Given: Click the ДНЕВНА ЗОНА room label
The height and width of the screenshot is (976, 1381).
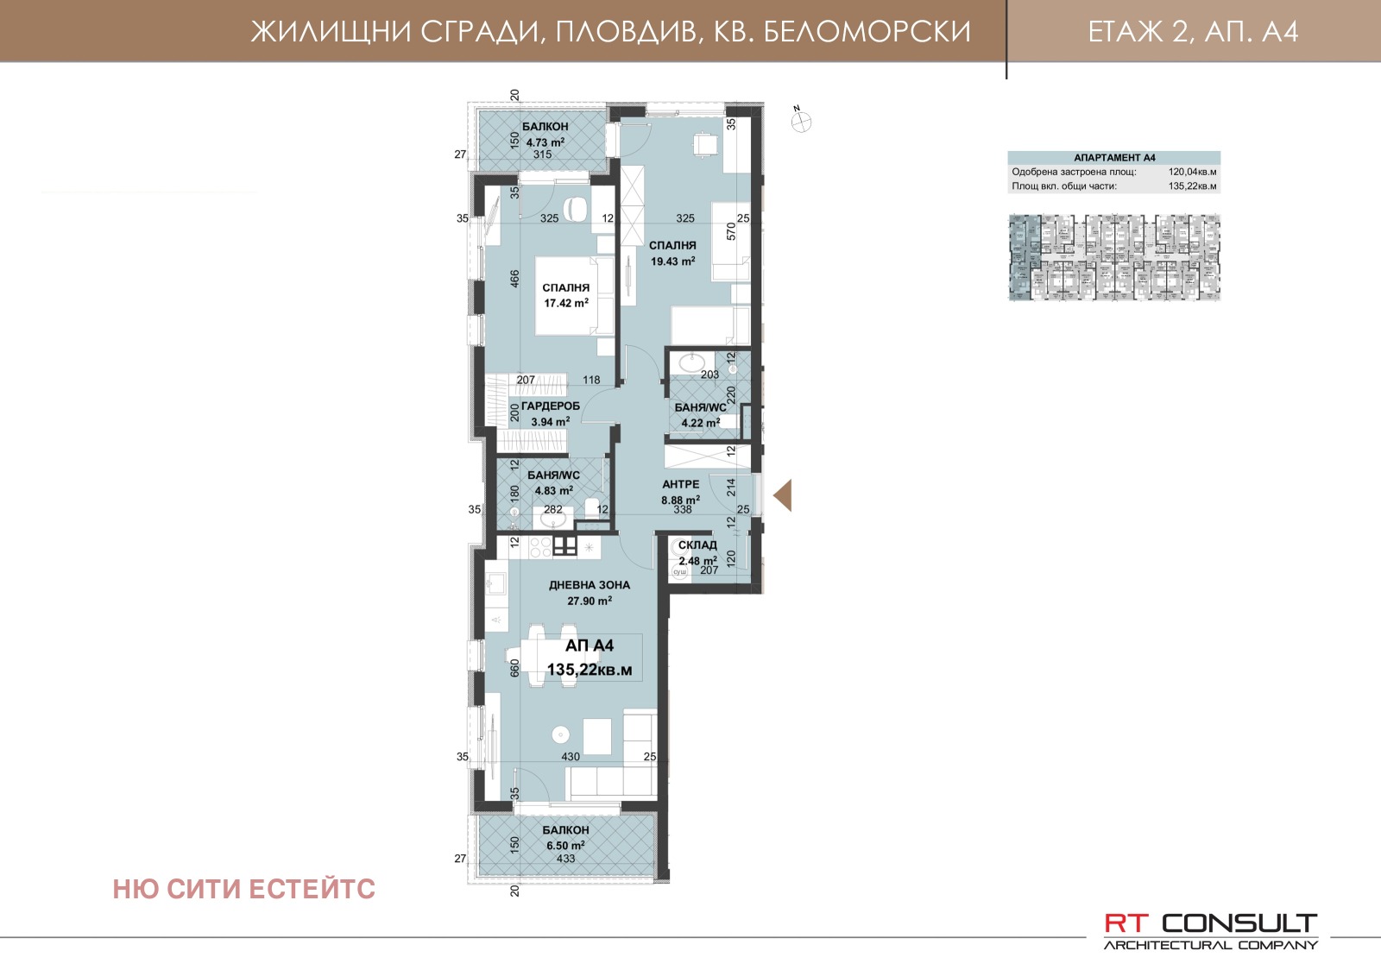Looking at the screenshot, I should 590,585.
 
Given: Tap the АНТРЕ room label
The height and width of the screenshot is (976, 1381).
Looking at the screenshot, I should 680,485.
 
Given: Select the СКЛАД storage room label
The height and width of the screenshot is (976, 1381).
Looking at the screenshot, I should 697,545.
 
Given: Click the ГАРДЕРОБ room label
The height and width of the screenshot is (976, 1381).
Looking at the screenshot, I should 551,406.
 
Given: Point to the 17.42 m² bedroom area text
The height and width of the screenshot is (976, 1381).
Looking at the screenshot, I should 566,304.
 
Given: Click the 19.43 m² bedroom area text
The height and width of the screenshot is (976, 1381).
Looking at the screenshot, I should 672,261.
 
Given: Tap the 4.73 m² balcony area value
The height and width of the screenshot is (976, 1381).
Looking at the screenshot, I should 545,142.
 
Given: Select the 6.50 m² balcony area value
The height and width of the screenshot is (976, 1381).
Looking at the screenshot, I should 565,846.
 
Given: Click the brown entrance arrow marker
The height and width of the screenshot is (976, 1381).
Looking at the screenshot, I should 782,496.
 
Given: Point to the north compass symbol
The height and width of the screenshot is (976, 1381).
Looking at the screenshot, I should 802,122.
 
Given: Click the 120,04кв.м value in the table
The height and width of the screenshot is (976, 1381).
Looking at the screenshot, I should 1192,172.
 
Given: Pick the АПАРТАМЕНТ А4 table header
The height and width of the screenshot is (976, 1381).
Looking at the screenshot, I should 1114,158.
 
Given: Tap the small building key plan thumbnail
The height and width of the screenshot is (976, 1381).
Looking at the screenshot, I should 1114,258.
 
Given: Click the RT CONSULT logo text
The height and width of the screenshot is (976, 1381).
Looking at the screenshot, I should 1210,923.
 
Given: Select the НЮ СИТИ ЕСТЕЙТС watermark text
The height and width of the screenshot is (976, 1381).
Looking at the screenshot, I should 244,890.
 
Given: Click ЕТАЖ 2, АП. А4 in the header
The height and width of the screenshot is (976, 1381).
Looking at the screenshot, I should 1193,32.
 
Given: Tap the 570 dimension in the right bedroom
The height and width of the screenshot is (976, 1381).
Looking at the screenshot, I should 732,230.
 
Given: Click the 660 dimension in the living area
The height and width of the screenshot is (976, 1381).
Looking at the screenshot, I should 515,668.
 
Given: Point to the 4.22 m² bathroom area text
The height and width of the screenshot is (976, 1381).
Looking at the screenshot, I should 700,424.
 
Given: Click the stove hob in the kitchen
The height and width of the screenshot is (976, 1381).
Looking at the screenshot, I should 540,546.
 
